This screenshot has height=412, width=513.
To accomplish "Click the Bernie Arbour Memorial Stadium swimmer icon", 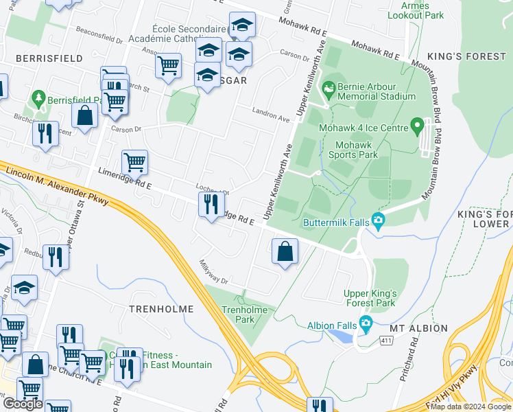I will pyautogui.click(x=329, y=88).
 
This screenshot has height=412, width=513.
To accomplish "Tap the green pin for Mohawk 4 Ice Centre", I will pyautogui.click(x=416, y=126).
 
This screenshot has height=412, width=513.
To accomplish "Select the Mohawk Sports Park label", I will pyautogui.click(x=357, y=150).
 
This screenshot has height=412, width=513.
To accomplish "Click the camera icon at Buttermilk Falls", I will pyautogui.click(x=377, y=221).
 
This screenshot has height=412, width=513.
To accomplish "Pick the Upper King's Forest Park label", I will pyautogui.click(x=370, y=298).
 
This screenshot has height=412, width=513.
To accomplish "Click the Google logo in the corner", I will pyautogui.click(x=23, y=404).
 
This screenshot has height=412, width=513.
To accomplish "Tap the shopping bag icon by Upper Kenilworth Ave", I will pyautogui.click(x=285, y=251).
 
